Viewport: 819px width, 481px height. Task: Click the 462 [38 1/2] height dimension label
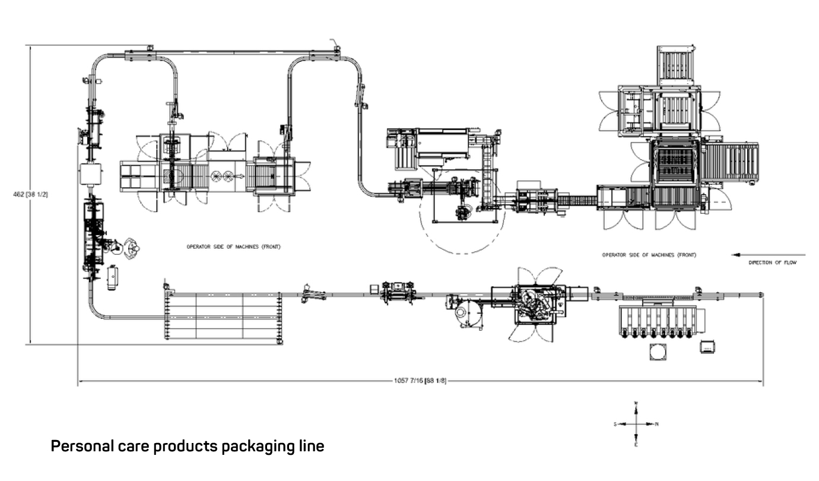(30, 194)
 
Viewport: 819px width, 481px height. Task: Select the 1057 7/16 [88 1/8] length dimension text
(420, 381)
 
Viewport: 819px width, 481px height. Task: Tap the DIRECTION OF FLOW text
(772, 262)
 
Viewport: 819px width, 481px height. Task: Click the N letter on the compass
(657, 424)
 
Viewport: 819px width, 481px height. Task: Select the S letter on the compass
(615, 424)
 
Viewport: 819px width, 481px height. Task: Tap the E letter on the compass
(636, 444)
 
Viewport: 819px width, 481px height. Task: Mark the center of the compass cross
(636, 424)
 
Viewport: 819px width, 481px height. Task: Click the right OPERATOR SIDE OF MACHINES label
(649, 255)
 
